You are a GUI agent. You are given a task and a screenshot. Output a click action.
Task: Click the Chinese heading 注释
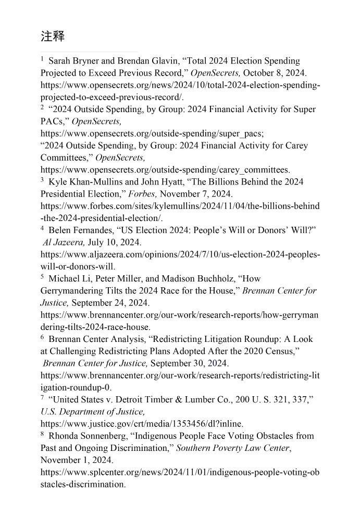(53, 36)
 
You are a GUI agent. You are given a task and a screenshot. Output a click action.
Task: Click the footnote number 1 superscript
(42, 59)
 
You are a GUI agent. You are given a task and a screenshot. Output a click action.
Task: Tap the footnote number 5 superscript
(42, 277)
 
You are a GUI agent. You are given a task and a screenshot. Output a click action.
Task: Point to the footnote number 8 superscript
(42, 434)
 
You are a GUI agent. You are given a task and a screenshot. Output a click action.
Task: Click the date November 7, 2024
(196, 194)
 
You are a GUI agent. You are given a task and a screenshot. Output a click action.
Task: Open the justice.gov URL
(142, 424)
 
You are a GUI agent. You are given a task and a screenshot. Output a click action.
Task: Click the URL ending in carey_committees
(165, 170)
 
